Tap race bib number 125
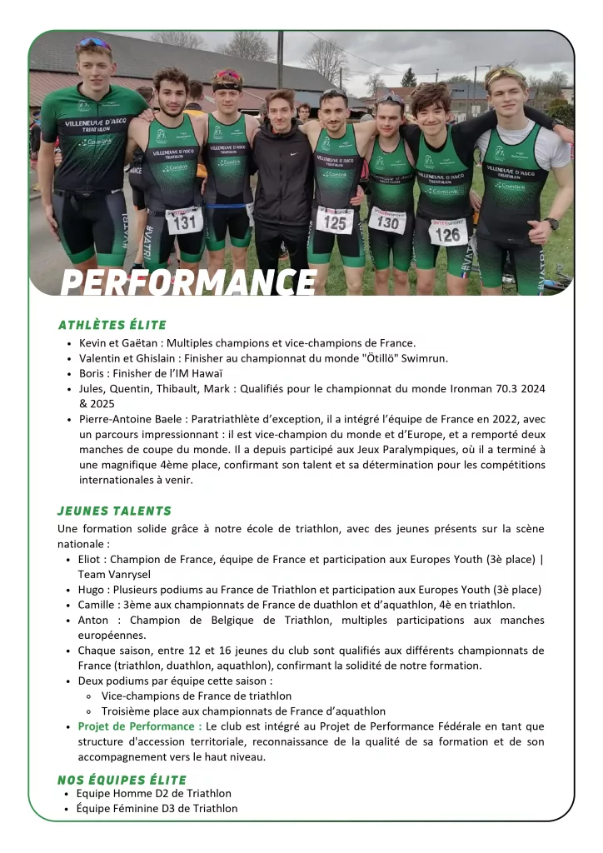click(335, 220)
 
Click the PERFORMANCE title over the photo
click(188, 282)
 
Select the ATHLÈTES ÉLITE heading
click(112, 325)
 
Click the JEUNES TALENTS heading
click(114, 511)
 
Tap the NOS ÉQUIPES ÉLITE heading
click(122, 780)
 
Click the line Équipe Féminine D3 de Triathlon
click(157, 808)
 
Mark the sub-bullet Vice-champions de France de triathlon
click(197, 696)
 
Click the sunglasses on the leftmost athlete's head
click(93, 43)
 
